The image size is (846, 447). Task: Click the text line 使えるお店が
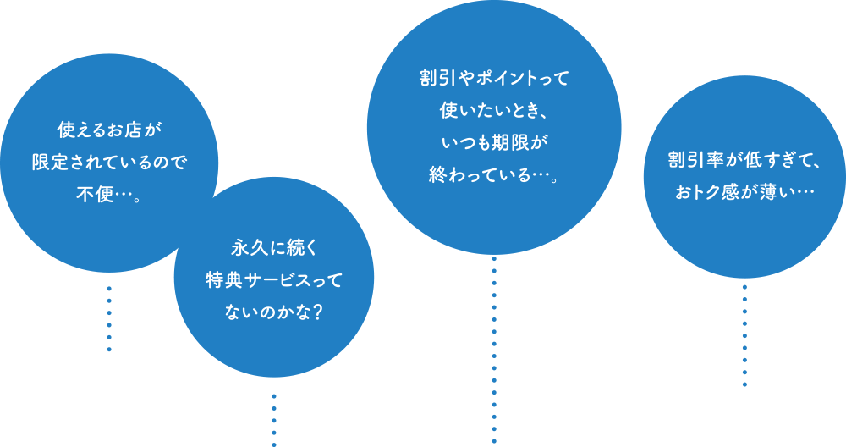(109, 131)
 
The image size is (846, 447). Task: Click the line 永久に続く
(273, 249)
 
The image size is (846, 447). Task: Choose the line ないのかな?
(273, 312)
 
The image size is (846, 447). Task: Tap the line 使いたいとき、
(494, 110)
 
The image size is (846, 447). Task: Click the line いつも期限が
(494, 141)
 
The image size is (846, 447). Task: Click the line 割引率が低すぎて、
(744, 161)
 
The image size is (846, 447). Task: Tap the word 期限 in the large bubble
(512, 141)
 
